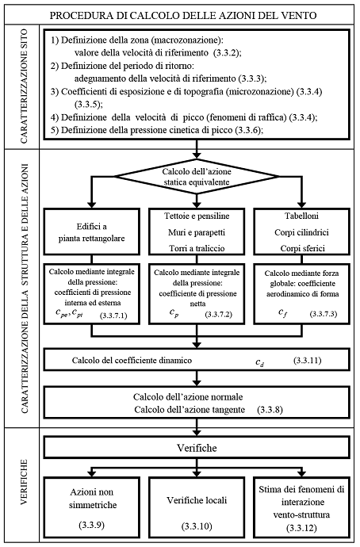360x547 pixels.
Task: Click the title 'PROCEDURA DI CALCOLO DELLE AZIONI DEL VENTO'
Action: click(x=183, y=16)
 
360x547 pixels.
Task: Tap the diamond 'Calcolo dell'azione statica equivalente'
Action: click(x=197, y=177)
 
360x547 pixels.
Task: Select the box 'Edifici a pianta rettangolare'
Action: click(x=92, y=231)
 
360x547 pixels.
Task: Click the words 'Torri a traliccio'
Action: click(x=197, y=248)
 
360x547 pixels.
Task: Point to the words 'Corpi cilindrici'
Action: click(x=302, y=232)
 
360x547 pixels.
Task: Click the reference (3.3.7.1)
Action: click(x=113, y=316)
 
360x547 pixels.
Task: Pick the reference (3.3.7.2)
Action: click(x=219, y=314)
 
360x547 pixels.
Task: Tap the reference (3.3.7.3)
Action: click(x=324, y=314)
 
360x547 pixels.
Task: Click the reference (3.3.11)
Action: click(x=308, y=360)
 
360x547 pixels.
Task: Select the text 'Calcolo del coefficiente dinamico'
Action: click(x=132, y=361)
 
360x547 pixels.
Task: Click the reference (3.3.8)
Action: click(x=270, y=410)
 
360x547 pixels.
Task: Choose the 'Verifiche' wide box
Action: click(x=197, y=448)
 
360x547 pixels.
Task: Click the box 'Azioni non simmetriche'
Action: click(x=92, y=505)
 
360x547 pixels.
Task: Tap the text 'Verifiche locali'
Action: click(x=197, y=500)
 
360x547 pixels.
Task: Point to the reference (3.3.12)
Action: click(x=302, y=528)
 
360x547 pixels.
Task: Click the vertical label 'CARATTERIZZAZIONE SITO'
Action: click(x=24, y=87)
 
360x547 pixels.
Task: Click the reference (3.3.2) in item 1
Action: click(x=227, y=53)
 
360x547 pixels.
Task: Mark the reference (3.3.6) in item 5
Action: click(x=247, y=130)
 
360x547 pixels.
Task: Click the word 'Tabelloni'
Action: click(x=302, y=216)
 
